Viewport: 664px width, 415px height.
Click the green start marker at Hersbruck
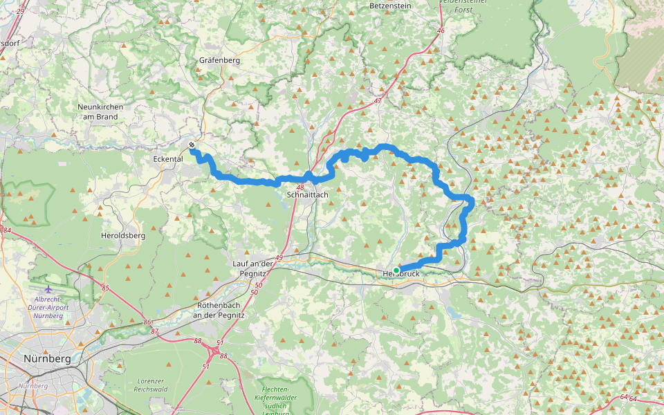click(396, 270)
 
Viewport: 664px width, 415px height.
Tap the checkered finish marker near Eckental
click(192, 145)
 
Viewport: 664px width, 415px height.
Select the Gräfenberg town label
click(219, 60)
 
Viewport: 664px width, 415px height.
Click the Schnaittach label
click(308, 195)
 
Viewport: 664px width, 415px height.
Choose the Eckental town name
click(167, 158)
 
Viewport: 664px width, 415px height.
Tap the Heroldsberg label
click(123, 235)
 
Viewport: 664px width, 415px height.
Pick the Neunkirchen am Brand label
click(98, 112)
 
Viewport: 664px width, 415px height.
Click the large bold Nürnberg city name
click(47, 359)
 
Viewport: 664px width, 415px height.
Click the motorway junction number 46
click(441, 31)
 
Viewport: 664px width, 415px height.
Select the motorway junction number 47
click(378, 101)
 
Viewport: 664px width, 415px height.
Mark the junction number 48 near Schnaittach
click(299, 187)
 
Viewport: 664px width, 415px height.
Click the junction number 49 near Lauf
click(279, 258)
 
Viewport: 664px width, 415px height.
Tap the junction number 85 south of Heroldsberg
click(105, 288)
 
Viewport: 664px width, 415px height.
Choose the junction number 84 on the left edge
click(7, 230)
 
